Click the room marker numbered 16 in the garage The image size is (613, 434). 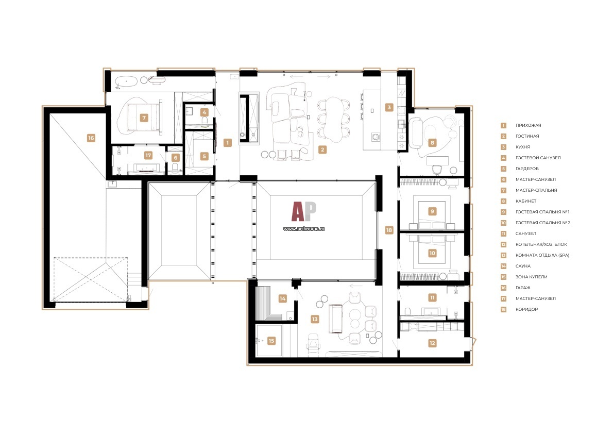[x=91, y=138]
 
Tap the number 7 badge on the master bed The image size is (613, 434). [x=144, y=118]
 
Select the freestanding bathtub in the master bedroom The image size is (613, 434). [x=126, y=82]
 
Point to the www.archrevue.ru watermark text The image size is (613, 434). [x=304, y=229]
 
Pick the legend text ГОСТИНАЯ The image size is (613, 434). [x=527, y=136]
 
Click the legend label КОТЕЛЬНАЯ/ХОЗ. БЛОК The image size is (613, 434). [x=541, y=244]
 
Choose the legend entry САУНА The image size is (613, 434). [x=523, y=266]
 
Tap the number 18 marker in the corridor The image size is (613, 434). [x=389, y=230]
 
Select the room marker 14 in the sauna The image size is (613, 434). [x=283, y=298]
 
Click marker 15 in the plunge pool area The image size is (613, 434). [x=271, y=341]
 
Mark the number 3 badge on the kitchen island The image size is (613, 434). [x=389, y=107]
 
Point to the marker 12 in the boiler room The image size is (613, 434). [x=432, y=343]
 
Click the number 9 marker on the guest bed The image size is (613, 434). [x=432, y=211]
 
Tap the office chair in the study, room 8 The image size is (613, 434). [x=437, y=170]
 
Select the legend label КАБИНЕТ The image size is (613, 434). [x=526, y=201]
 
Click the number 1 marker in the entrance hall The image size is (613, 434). [x=228, y=143]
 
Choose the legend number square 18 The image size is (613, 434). [x=504, y=310]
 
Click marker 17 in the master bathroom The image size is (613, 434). [x=148, y=155]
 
